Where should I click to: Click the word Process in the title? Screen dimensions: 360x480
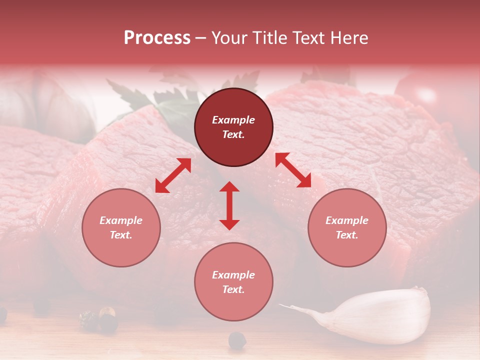coord(157,38)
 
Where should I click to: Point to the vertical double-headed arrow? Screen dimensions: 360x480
coord(229,205)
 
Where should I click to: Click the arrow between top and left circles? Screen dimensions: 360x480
coord(173,175)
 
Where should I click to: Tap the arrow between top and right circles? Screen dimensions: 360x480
coord(293,170)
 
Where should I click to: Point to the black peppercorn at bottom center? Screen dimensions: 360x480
coord(237,340)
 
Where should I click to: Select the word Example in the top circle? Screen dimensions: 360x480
coord(233,120)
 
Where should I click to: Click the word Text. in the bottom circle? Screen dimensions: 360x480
coord(233,289)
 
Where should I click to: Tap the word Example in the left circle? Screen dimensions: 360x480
coord(121,220)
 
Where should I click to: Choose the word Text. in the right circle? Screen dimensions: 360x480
coord(347,235)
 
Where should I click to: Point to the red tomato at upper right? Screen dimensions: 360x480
coord(430,95)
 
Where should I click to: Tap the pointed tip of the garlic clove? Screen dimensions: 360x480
coord(282,305)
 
